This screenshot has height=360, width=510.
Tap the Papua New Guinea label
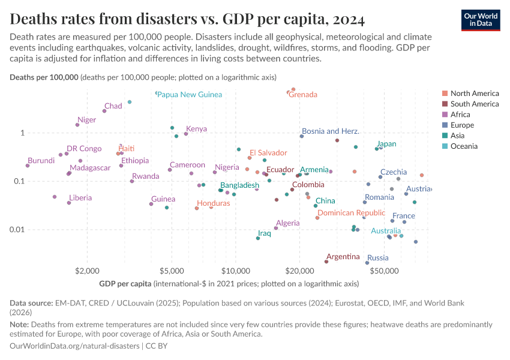[x=190, y=95]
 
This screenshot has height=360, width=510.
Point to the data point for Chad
[x=104, y=111]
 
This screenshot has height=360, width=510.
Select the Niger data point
[x=77, y=125]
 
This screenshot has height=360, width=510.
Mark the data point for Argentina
[x=326, y=262]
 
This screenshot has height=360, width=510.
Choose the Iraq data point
[x=258, y=238]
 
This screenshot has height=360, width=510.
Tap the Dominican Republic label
[x=351, y=213]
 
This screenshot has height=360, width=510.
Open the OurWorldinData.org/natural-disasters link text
[x=74, y=346]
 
